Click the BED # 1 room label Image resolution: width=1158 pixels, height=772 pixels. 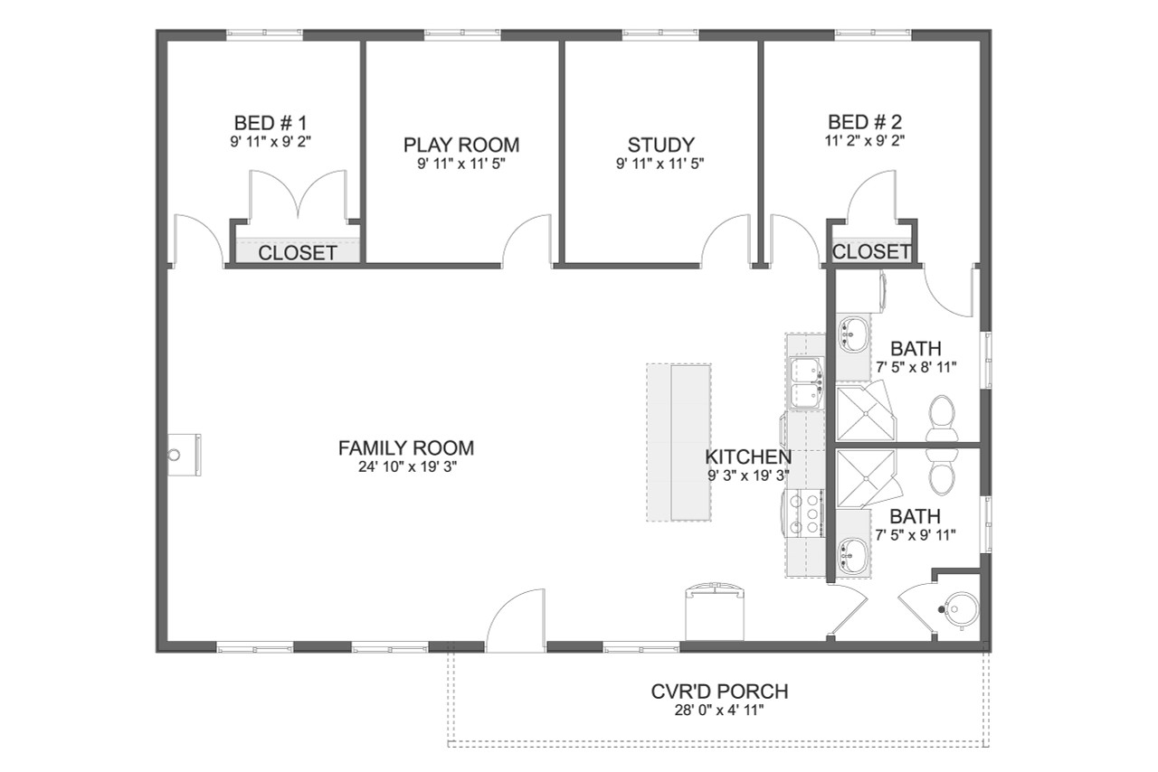[x=271, y=123]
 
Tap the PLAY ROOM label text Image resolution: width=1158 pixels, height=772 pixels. [x=461, y=145]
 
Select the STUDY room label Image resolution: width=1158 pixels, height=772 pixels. [x=661, y=145]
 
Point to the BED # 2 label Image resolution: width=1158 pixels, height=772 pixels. [x=865, y=122]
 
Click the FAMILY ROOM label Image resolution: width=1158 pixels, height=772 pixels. [x=406, y=447]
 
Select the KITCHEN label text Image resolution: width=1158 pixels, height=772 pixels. [x=748, y=457]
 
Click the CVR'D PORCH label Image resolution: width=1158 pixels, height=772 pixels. [x=719, y=692]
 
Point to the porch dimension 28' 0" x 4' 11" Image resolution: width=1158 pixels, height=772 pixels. [x=719, y=711]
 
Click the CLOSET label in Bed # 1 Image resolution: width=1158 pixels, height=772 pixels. [x=298, y=253]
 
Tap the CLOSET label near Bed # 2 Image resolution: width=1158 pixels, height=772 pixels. [x=871, y=251]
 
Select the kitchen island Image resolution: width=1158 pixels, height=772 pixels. [x=679, y=442]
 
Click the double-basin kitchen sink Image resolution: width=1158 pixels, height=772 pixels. [x=805, y=383]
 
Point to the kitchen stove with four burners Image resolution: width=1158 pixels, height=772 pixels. [x=807, y=514]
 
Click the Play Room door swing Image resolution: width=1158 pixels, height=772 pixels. [x=527, y=240]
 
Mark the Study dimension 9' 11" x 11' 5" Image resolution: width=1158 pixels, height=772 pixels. [x=661, y=164]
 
